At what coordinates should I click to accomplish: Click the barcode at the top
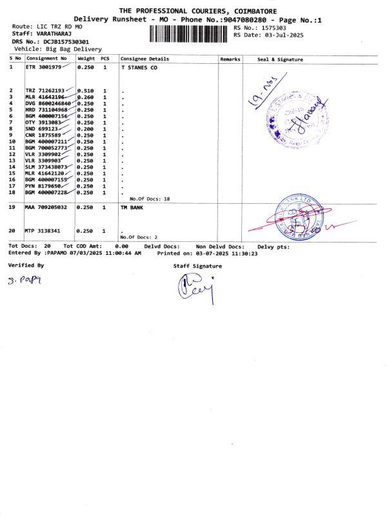point(190,34)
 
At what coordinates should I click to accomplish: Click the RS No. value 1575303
point(270,28)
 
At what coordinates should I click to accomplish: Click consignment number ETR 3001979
point(44,67)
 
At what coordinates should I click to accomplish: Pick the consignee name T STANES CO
point(139,67)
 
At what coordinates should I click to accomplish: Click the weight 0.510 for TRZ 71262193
point(86,90)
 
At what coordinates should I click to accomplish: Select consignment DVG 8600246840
point(48,103)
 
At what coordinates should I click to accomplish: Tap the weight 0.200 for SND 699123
point(86,129)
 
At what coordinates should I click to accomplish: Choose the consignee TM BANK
point(132,208)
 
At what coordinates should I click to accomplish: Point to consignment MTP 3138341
point(43,230)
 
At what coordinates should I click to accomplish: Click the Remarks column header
point(230,59)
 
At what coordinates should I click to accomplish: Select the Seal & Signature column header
point(280,59)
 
